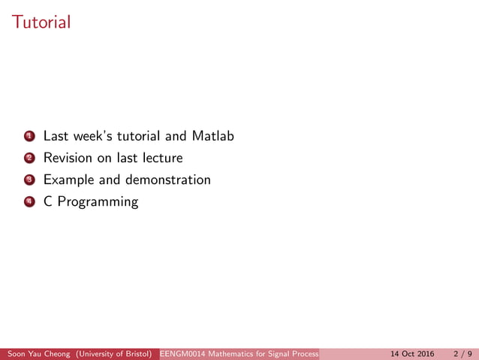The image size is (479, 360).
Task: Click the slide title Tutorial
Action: [x=41, y=22]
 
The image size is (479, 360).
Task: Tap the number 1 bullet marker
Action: [x=29, y=137]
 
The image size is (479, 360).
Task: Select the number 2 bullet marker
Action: [x=29, y=159]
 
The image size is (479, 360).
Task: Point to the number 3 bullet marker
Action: [x=29, y=180]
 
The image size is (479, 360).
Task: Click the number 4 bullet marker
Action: [x=29, y=202]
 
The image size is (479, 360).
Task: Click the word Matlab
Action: [x=212, y=137]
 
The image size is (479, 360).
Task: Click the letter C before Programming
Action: [x=47, y=202]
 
